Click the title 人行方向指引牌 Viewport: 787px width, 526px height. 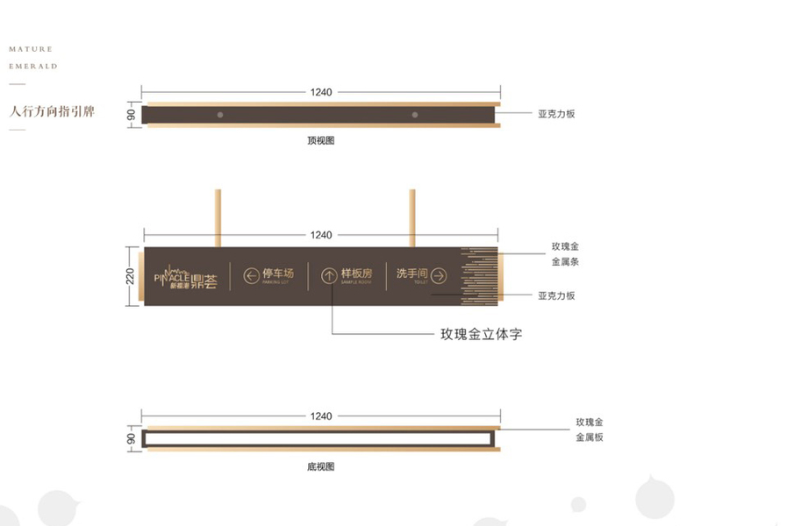52,112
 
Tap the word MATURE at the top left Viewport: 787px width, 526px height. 31,49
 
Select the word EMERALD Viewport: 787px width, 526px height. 33,66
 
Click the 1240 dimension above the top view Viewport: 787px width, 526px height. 321,91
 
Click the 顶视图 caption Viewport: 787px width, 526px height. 321,140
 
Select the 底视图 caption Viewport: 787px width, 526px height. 321,467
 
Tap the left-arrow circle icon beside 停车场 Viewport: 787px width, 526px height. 252,276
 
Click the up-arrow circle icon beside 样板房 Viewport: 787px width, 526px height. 329,276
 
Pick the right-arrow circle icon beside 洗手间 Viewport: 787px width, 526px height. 440,276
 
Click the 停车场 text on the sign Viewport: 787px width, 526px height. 278,274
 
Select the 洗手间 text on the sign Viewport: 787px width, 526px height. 411,274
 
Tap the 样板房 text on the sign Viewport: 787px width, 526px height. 357,274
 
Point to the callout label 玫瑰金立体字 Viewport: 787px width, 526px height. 481,334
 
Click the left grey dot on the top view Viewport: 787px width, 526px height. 220,115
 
